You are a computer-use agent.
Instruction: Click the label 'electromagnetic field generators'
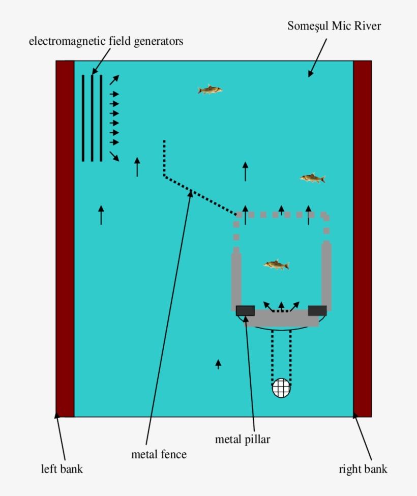click(106, 41)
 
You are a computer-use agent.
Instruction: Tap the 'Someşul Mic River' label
click(334, 25)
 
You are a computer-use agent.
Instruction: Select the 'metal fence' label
click(159, 454)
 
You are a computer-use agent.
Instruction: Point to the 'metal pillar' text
click(242, 439)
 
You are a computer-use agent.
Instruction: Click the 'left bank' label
click(62, 469)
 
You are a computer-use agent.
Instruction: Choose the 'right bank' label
click(363, 469)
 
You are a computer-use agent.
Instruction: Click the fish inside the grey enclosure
click(277, 265)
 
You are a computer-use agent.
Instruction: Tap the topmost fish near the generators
click(210, 90)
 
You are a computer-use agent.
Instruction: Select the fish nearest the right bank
click(312, 178)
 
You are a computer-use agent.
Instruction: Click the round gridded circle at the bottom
click(281, 388)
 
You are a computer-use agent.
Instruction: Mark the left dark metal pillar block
click(245, 310)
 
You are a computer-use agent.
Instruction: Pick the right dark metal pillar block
click(317, 310)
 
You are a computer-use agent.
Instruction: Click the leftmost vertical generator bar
click(83, 118)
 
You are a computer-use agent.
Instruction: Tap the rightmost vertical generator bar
click(101, 118)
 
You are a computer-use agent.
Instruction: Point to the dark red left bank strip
click(65, 239)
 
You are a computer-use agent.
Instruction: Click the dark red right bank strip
click(362, 239)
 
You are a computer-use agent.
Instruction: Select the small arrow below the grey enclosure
click(218, 364)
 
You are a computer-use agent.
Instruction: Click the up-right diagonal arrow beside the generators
click(114, 79)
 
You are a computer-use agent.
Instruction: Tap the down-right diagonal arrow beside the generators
click(114, 156)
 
